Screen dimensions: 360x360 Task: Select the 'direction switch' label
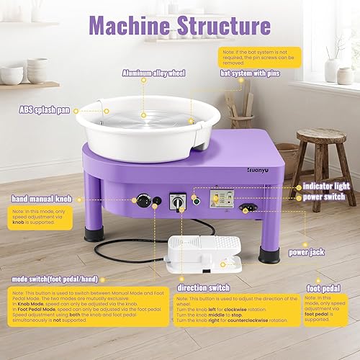click(x=204, y=287)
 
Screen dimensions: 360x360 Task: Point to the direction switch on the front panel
click(x=175, y=202)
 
